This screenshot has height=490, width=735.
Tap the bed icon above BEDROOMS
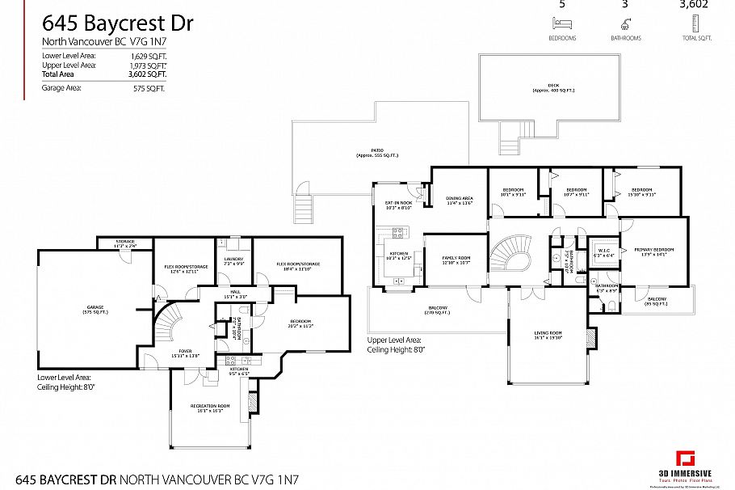[561, 24]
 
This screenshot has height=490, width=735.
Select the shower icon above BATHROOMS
[626, 24]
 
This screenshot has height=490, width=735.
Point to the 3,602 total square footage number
[694, 4]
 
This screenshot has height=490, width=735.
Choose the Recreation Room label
[210, 408]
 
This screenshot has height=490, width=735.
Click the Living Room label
[547, 335]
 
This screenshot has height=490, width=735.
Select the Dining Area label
[459, 201]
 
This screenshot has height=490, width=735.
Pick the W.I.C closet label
[604, 251]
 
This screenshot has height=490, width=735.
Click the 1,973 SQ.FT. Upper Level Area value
[150, 65]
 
